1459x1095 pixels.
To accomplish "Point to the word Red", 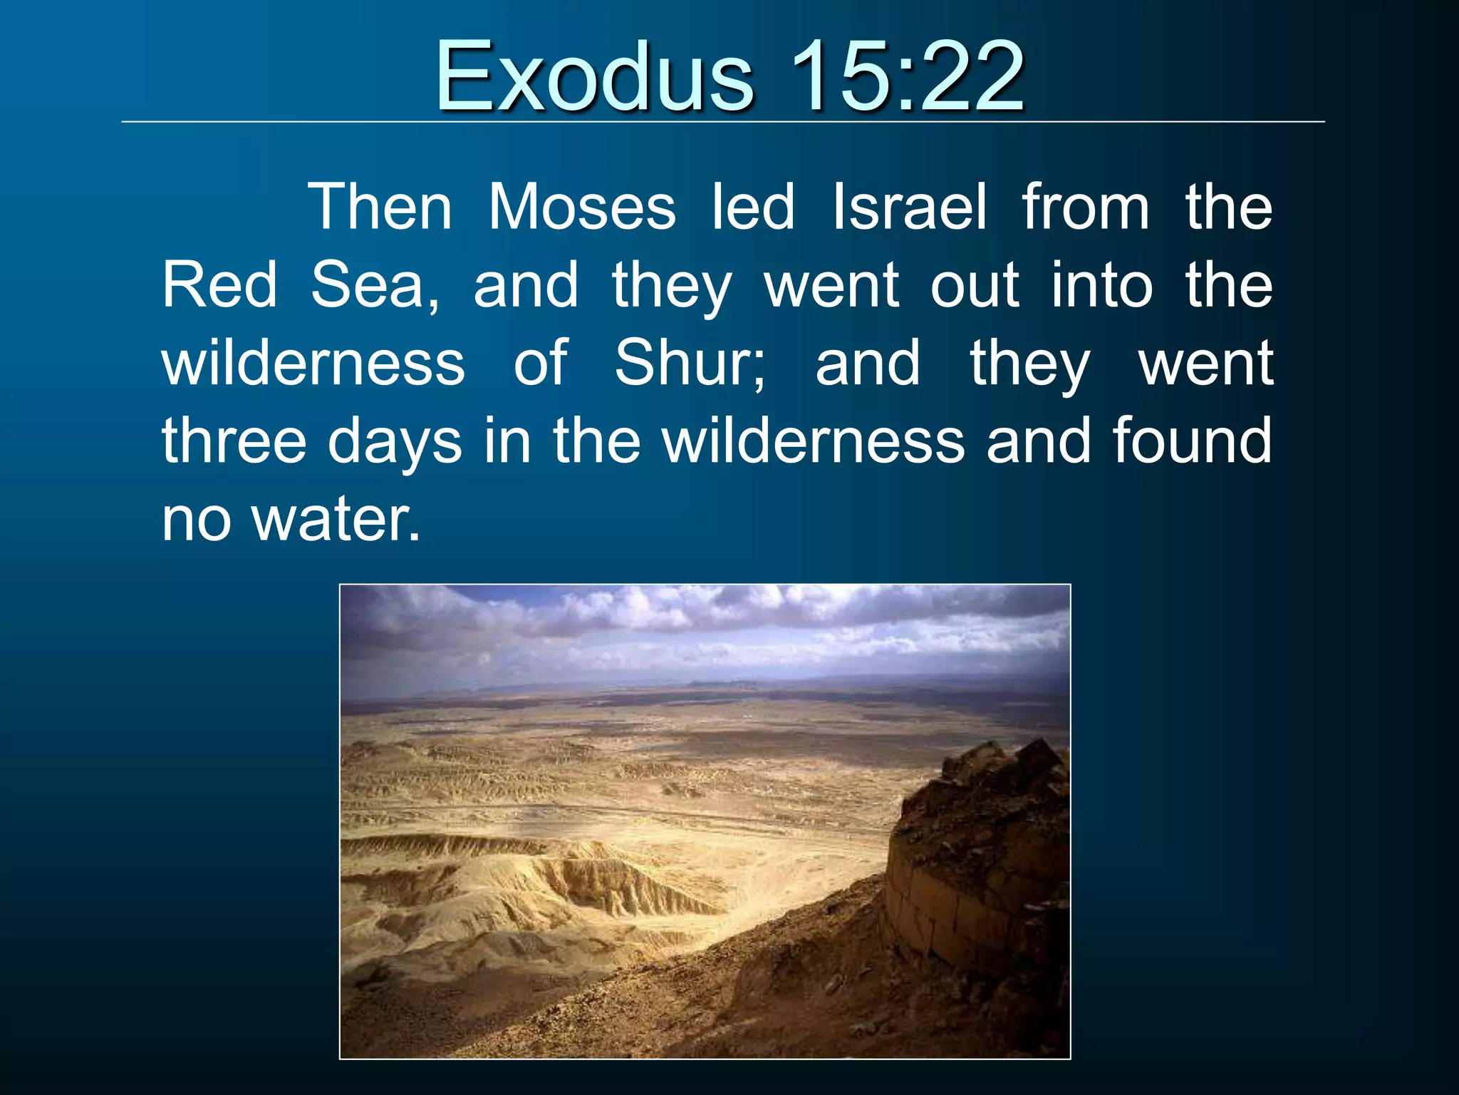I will [219, 285].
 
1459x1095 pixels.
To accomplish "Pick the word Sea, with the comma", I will [375, 287].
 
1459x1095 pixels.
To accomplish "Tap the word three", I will [234, 441].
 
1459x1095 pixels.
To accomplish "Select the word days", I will [395, 443].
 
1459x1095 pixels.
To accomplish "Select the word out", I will [975, 285].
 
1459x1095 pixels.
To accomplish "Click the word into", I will [1102, 285].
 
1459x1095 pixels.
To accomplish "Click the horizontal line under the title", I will [722, 122].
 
